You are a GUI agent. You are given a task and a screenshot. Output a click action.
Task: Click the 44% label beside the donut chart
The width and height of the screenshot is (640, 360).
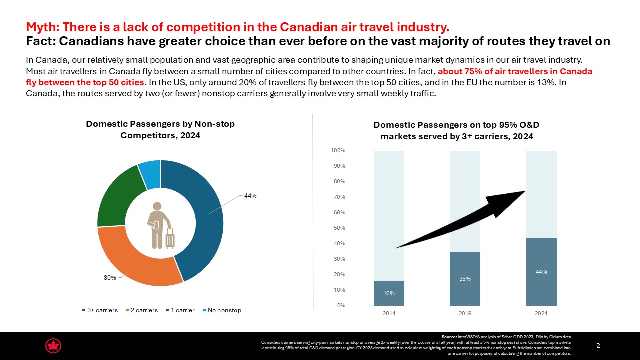(250, 196)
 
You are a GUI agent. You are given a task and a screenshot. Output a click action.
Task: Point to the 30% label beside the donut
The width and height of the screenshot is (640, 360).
(110, 278)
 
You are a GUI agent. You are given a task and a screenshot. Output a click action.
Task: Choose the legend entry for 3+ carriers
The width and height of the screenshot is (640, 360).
(100, 310)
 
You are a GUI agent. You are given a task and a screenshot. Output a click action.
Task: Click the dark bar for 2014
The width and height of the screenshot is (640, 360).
(389, 293)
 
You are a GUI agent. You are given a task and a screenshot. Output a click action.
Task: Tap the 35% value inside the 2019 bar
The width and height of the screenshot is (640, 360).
(465, 279)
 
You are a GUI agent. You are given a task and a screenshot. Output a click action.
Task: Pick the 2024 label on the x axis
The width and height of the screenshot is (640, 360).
(541, 313)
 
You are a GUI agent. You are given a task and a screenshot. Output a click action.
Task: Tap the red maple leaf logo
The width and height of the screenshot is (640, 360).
(53, 346)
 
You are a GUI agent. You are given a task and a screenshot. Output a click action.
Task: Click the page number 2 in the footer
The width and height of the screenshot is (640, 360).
(599, 346)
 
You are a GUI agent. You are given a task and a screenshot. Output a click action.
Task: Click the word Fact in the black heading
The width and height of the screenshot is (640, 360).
(38, 41)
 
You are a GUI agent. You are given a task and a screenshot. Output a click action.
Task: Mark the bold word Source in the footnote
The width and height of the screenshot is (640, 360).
(450, 337)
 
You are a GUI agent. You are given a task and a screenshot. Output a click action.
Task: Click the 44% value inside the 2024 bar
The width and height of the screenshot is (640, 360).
(541, 272)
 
